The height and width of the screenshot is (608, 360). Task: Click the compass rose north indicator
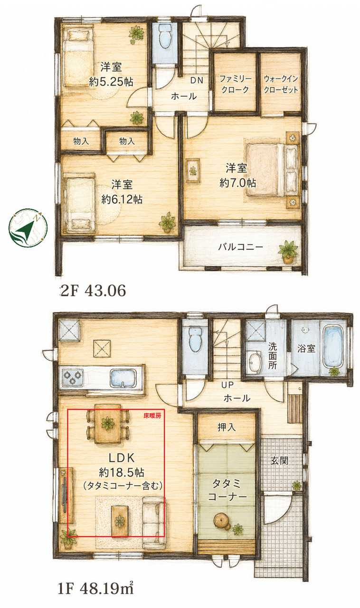(28, 228)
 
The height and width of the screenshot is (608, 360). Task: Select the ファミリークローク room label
(235, 84)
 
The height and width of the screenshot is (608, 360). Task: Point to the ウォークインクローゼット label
(281, 84)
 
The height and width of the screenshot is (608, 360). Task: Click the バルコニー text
(240, 247)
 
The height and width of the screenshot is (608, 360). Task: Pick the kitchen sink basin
(123, 378)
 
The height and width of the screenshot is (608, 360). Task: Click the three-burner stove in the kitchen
(72, 377)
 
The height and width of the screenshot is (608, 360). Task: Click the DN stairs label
(197, 80)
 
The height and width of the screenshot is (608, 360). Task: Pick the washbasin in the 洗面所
(255, 361)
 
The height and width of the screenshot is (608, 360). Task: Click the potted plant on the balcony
(288, 251)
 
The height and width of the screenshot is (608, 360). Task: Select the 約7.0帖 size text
(237, 183)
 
